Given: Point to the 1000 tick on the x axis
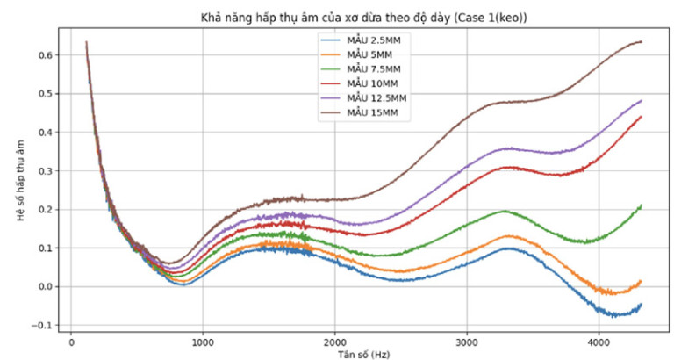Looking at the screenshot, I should (x=203, y=342).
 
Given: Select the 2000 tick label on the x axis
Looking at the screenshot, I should (x=334, y=342).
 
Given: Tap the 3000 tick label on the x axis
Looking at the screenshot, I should (x=466, y=342).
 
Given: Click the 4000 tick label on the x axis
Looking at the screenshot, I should (x=598, y=342).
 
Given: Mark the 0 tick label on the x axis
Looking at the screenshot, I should (x=71, y=342).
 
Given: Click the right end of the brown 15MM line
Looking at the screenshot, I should (x=642, y=42).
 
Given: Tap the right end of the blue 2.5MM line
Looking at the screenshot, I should (x=642, y=304).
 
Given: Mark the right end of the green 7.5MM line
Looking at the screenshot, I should (x=642, y=205).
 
